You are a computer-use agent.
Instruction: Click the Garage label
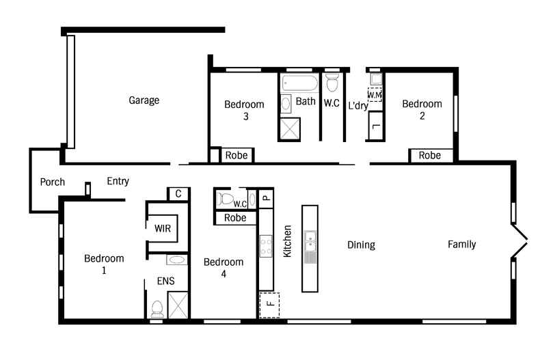point(144,100)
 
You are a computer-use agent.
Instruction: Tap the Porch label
point(53,182)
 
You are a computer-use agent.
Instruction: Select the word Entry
point(118,181)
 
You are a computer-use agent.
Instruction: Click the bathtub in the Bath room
point(299,83)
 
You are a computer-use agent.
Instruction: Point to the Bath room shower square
point(290,129)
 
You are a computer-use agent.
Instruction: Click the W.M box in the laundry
point(375,94)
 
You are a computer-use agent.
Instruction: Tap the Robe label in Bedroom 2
point(430,155)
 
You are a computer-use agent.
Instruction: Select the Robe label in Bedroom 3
point(237,155)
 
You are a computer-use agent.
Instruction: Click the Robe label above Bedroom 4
point(235,217)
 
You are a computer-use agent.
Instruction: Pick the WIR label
point(163,228)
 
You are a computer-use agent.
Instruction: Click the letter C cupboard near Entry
point(178,194)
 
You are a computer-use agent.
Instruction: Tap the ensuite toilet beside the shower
point(157,309)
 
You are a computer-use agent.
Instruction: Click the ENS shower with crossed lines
point(178,305)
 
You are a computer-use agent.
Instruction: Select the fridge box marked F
point(269,305)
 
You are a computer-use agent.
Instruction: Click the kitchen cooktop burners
point(266,246)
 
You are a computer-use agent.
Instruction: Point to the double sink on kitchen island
point(310,241)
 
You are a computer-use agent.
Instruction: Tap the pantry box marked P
point(266,198)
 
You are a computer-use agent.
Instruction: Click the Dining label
point(361,245)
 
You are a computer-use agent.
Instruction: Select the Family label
point(462,245)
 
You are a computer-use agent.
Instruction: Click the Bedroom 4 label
point(224,268)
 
